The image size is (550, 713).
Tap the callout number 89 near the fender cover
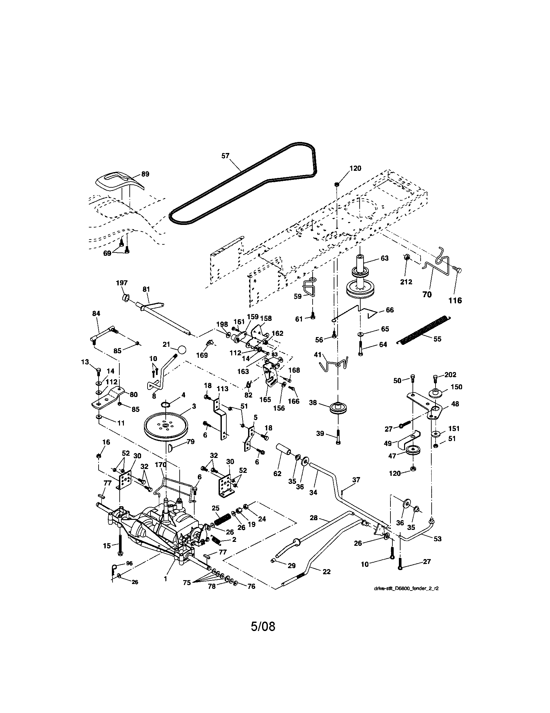[145, 174]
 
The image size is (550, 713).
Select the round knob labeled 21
[182, 350]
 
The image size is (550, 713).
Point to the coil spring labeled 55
[424, 330]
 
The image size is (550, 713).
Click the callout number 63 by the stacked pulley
[385, 258]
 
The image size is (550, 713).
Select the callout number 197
[122, 283]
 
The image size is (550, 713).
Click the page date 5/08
[263, 626]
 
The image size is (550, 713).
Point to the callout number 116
[455, 300]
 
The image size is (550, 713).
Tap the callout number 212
[406, 282]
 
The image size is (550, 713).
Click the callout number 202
[450, 374]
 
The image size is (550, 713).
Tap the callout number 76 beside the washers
[251, 586]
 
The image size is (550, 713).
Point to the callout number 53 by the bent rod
[437, 539]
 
